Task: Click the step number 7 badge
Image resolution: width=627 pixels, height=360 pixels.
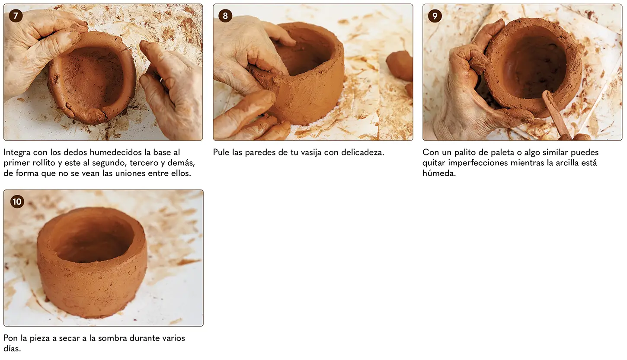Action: [16, 16]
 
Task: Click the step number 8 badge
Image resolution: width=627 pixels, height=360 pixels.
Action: [225, 16]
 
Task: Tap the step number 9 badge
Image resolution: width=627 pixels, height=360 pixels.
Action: [435, 16]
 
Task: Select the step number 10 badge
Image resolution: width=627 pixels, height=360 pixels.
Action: [17, 202]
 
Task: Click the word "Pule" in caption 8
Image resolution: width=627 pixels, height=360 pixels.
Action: [221, 152]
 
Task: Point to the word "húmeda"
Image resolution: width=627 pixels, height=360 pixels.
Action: [439, 173]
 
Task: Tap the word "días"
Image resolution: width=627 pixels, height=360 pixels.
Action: [12, 348]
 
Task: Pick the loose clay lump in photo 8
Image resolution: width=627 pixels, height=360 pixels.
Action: [400, 66]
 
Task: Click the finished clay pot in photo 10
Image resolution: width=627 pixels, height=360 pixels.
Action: [92, 263]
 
